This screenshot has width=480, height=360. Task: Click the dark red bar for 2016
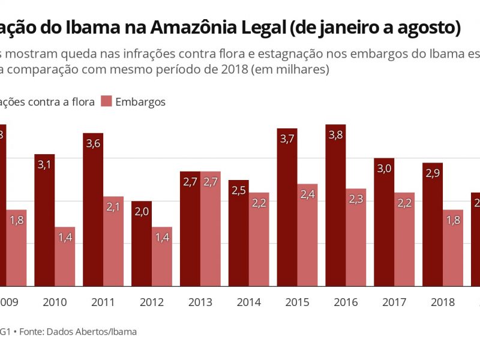point(336,205)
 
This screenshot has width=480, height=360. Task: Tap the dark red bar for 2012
point(142,243)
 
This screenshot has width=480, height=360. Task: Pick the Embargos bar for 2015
point(307,235)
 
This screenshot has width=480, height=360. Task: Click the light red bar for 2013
point(210,229)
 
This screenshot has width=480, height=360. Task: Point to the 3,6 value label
point(93,143)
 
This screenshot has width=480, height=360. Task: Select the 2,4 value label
point(307,194)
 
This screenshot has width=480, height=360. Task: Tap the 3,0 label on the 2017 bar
point(384,169)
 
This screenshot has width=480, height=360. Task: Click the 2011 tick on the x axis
point(103,302)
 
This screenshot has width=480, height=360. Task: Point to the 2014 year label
point(248,302)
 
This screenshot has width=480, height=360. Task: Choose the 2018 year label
point(443,302)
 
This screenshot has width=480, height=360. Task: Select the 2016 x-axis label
point(346,302)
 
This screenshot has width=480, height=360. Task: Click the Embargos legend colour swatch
point(106,101)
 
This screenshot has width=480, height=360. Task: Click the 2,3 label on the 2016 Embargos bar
point(356,199)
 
